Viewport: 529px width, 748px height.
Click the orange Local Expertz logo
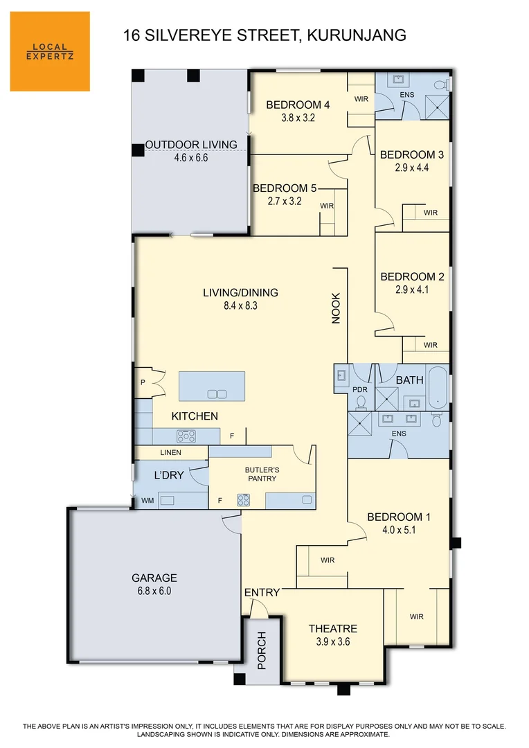(50, 51)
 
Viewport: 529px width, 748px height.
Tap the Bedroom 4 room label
(298, 105)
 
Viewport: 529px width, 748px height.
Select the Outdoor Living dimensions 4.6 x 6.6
(191, 158)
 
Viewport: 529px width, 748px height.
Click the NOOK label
(336, 309)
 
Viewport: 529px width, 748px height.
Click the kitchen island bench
(212, 386)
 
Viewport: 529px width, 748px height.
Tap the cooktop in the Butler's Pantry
(244, 499)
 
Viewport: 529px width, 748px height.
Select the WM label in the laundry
(147, 499)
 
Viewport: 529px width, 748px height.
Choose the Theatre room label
(333, 629)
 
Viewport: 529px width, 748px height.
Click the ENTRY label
(262, 592)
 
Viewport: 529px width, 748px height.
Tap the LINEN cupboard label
(170, 452)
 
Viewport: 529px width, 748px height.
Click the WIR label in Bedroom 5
(327, 206)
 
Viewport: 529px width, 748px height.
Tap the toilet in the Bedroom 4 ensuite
(439, 85)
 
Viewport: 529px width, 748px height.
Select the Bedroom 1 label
(399, 517)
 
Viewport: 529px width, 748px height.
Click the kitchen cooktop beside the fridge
(187, 436)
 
